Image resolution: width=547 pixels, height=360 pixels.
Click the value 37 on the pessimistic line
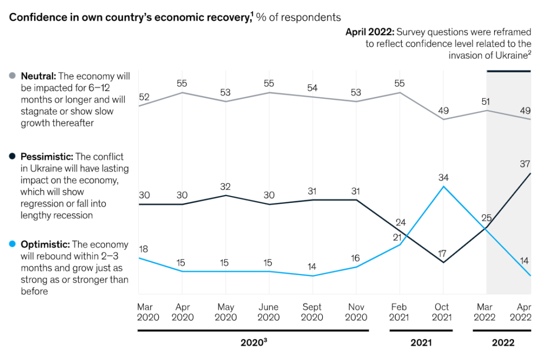pos(525,165)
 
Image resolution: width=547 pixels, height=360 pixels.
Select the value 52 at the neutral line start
pos(144,97)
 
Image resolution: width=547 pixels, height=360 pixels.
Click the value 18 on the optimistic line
pos(144,249)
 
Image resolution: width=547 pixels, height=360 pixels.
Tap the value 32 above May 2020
pos(225,187)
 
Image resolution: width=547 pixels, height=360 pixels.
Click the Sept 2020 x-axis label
pos(312,312)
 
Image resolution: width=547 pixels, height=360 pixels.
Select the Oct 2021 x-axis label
pos(442,312)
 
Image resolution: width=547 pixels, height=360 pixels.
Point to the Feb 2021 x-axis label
pos(400,312)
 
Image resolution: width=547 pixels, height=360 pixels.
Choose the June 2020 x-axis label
pos(269,312)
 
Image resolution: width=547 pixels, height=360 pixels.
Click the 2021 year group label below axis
pos(421,343)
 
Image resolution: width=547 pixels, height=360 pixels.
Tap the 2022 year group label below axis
pos(503,343)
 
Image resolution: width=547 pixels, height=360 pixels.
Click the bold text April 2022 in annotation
pos(369,32)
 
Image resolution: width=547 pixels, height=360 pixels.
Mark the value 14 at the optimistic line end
pos(525,261)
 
